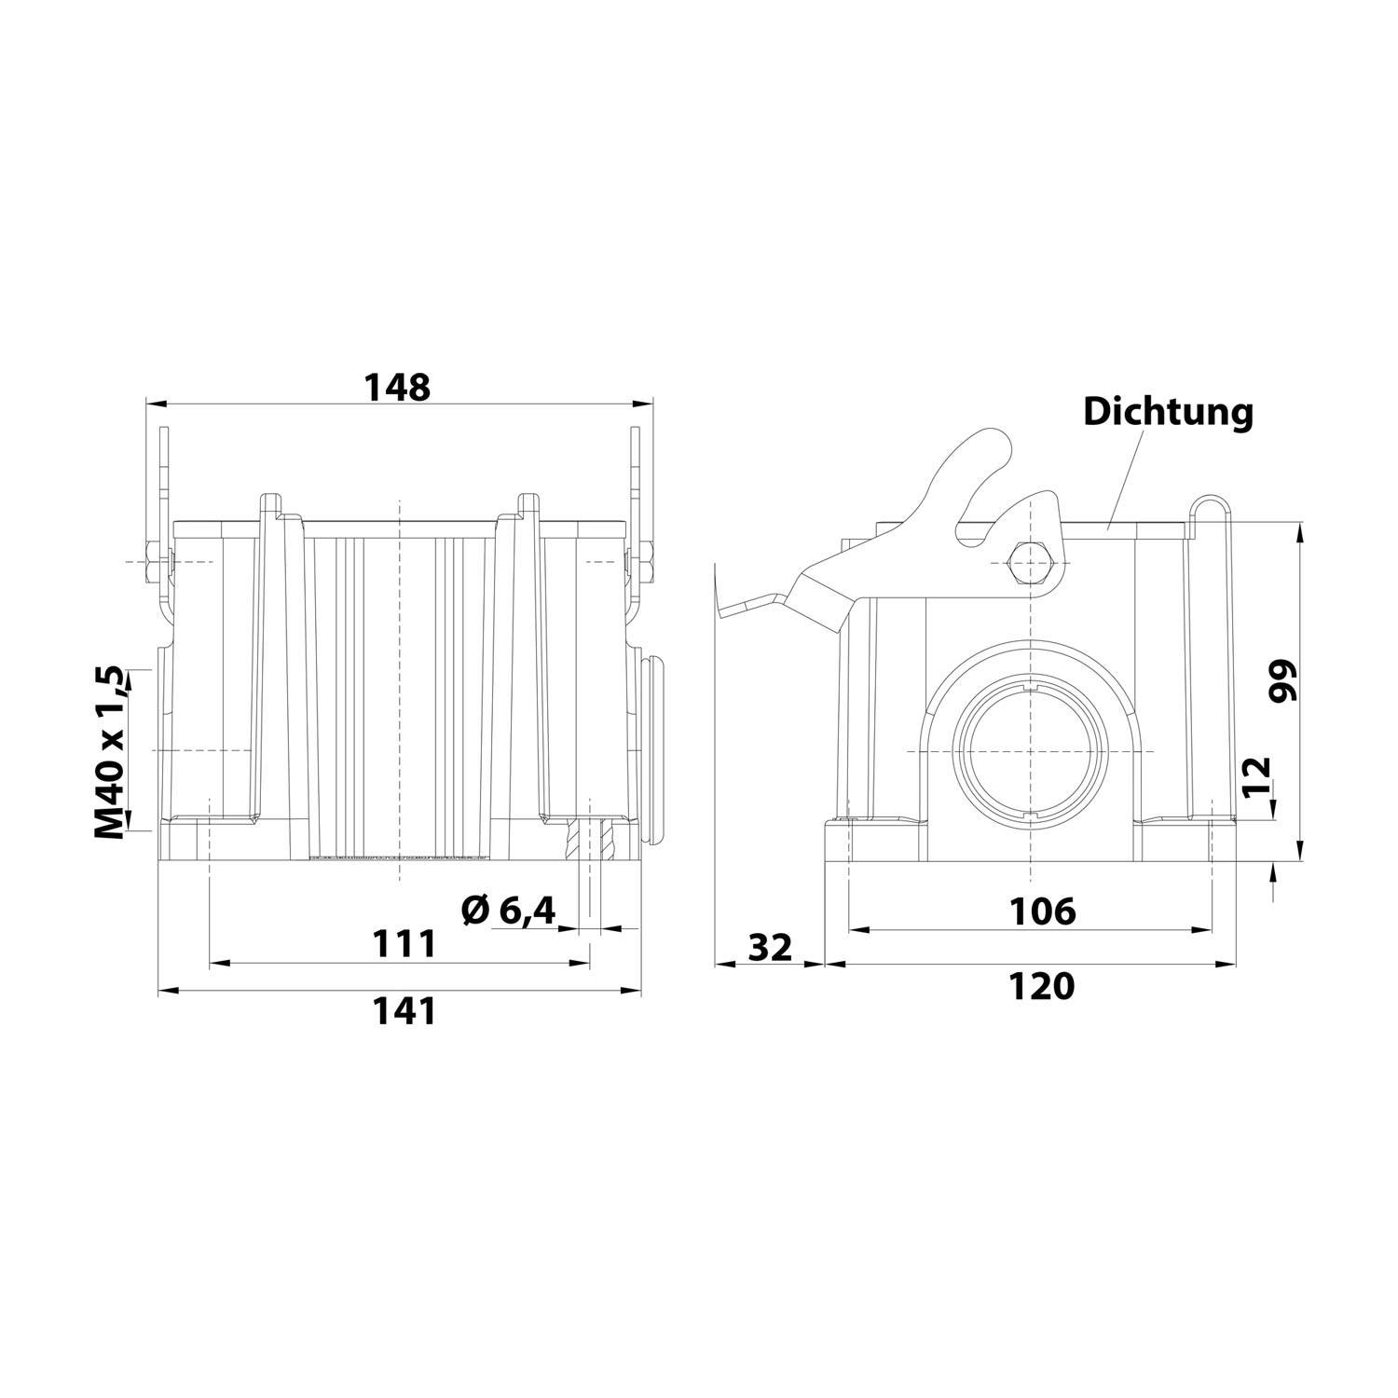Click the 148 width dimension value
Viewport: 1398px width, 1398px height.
click(x=397, y=387)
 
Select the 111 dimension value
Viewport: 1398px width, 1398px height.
click(x=404, y=944)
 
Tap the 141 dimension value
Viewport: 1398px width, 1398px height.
click(x=404, y=1010)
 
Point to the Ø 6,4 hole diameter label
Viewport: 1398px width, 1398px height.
click(x=509, y=911)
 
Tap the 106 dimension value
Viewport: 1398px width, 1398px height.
click(x=1043, y=911)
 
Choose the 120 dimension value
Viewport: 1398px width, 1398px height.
click(x=1042, y=986)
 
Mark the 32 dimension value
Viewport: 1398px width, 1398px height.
click(x=771, y=947)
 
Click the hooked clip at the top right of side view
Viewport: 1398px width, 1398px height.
click(x=1210, y=508)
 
